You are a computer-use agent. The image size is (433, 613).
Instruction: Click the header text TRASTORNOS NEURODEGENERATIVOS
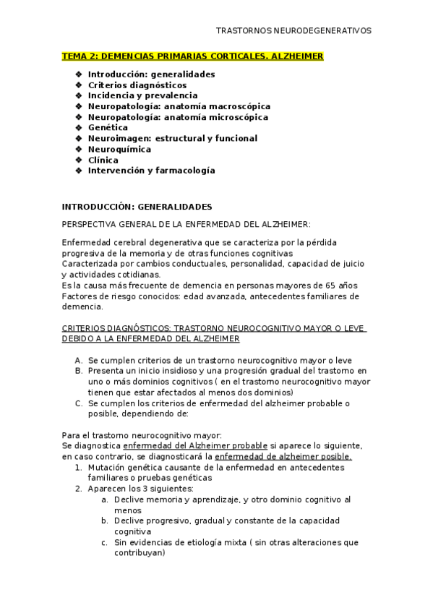(x=293, y=31)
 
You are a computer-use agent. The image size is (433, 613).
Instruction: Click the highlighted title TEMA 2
(x=193, y=56)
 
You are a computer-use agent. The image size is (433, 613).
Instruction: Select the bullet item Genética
(x=108, y=127)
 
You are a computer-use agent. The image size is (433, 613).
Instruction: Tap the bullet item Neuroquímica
(x=119, y=149)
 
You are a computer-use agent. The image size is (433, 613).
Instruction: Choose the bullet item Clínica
(x=103, y=160)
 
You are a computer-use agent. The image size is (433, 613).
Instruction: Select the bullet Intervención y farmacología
(x=151, y=171)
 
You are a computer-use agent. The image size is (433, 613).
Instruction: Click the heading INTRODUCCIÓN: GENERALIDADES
(x=137, y=206)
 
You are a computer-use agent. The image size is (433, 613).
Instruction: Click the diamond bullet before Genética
(x=78, y=127)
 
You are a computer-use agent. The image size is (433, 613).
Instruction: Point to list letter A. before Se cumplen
(x=78, y=359)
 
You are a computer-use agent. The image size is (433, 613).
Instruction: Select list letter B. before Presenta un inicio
(x=78, y=370)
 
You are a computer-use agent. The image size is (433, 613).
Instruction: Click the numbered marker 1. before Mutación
(x=78, y=467)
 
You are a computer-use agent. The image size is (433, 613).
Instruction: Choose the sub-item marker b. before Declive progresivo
(x=105, y=520)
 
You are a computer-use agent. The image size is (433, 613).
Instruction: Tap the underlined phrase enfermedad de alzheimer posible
(x=283, y=456)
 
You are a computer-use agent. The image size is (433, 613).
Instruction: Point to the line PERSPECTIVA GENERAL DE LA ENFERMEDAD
(x=187, y=224)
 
